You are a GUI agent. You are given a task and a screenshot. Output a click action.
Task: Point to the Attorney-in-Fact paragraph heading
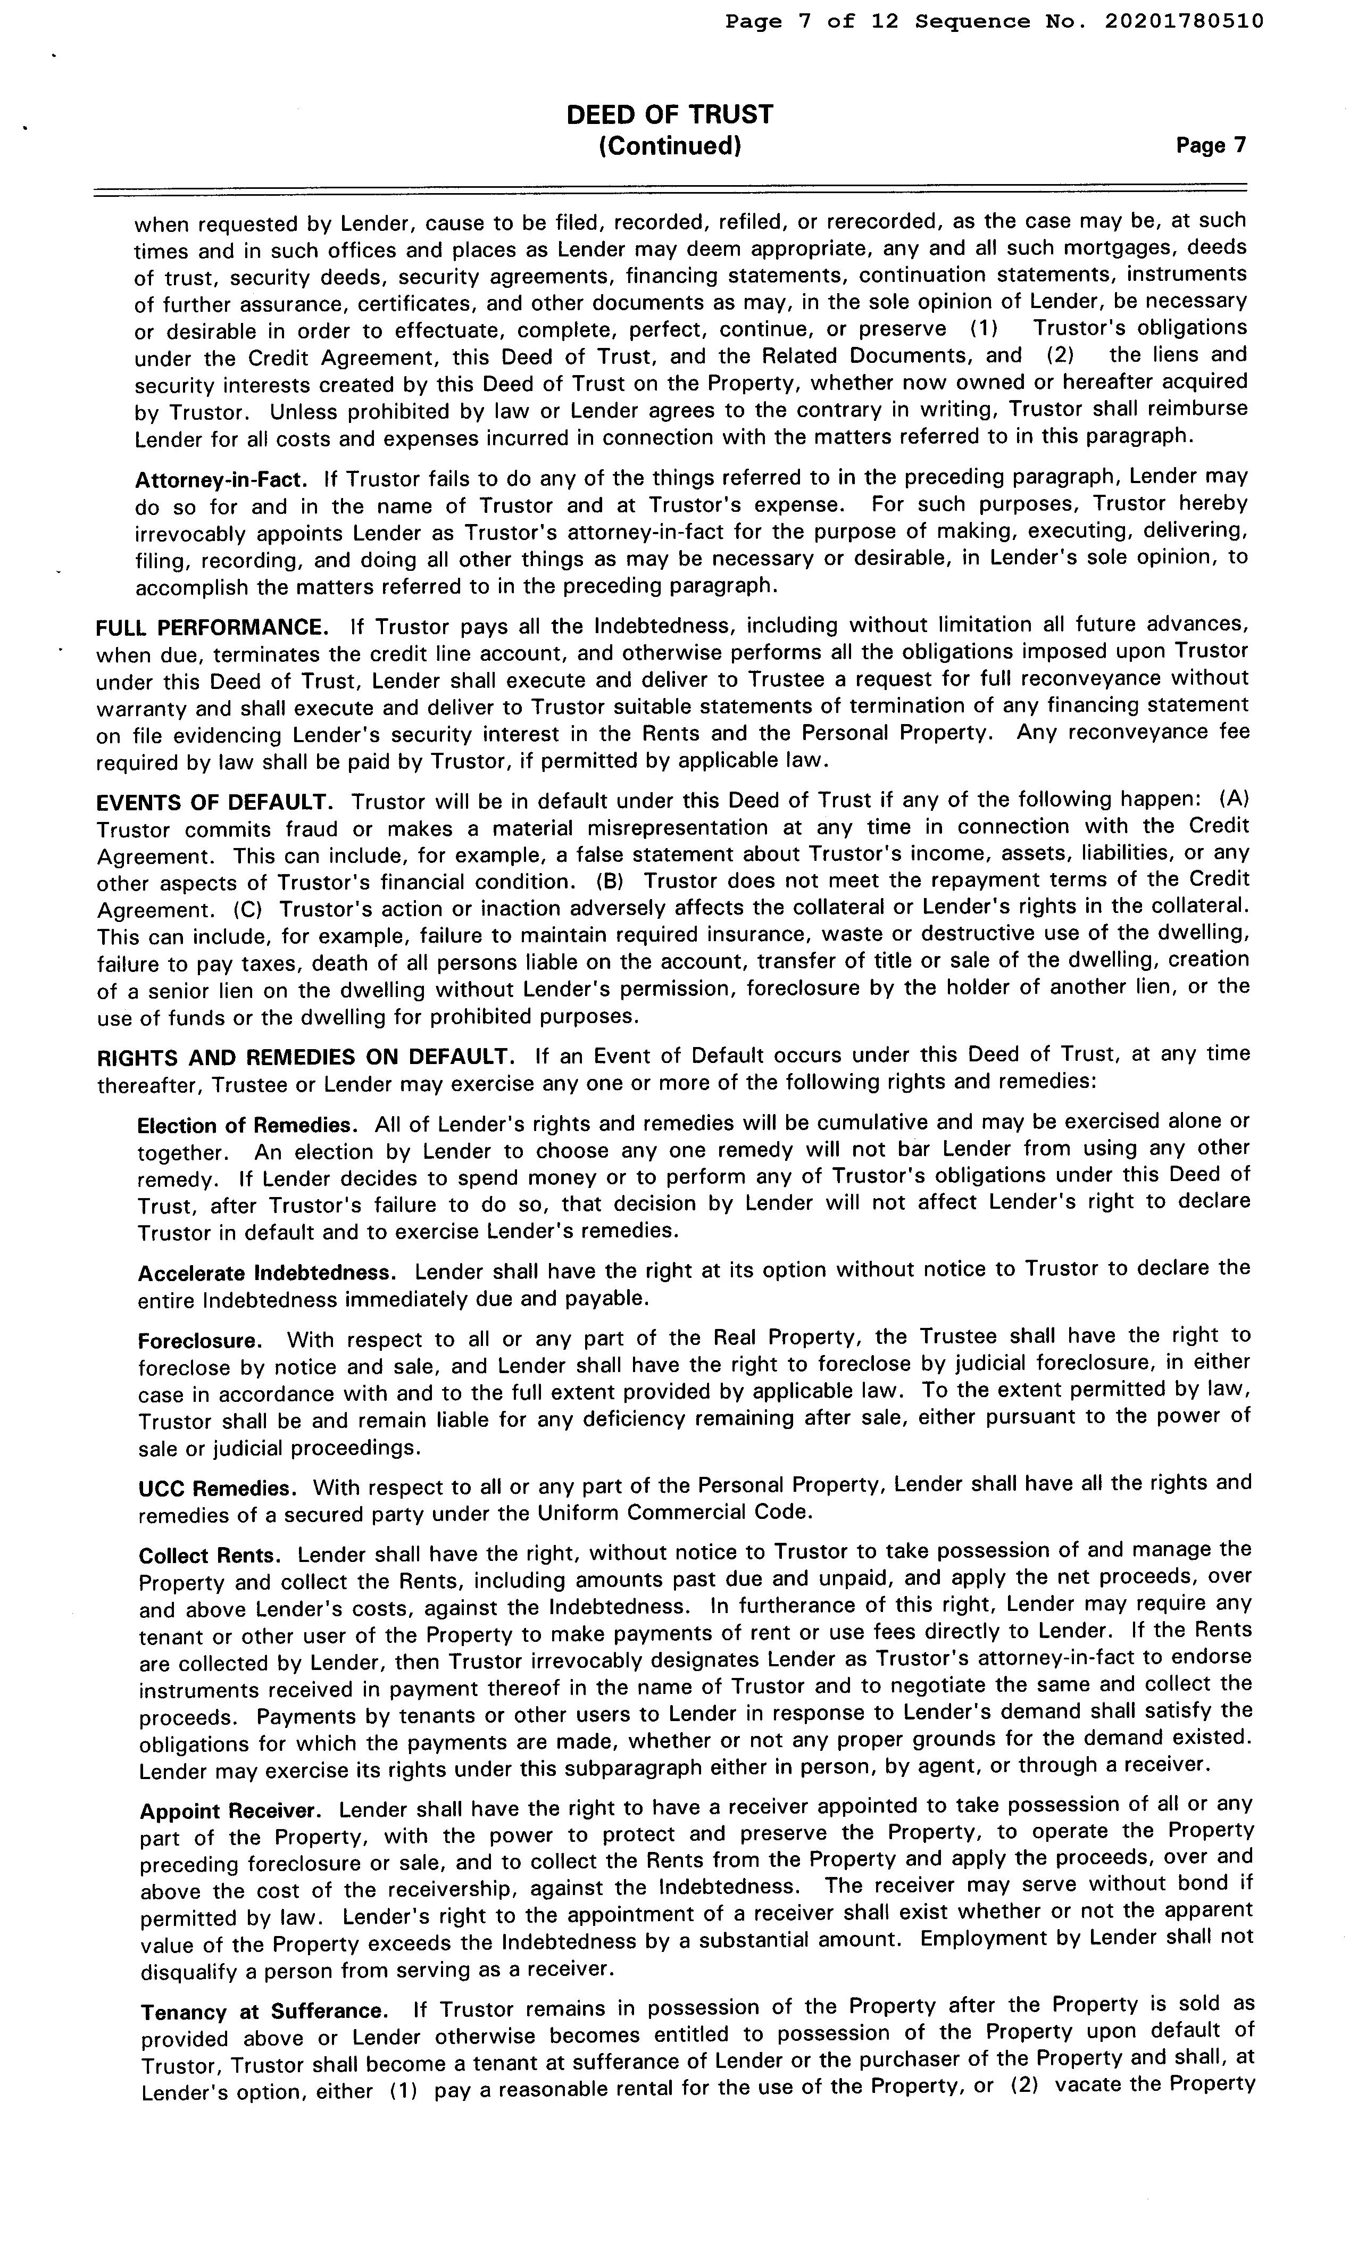tap(220, 479)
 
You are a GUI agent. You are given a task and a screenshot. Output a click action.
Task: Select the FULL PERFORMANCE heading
tap(212, 628)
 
